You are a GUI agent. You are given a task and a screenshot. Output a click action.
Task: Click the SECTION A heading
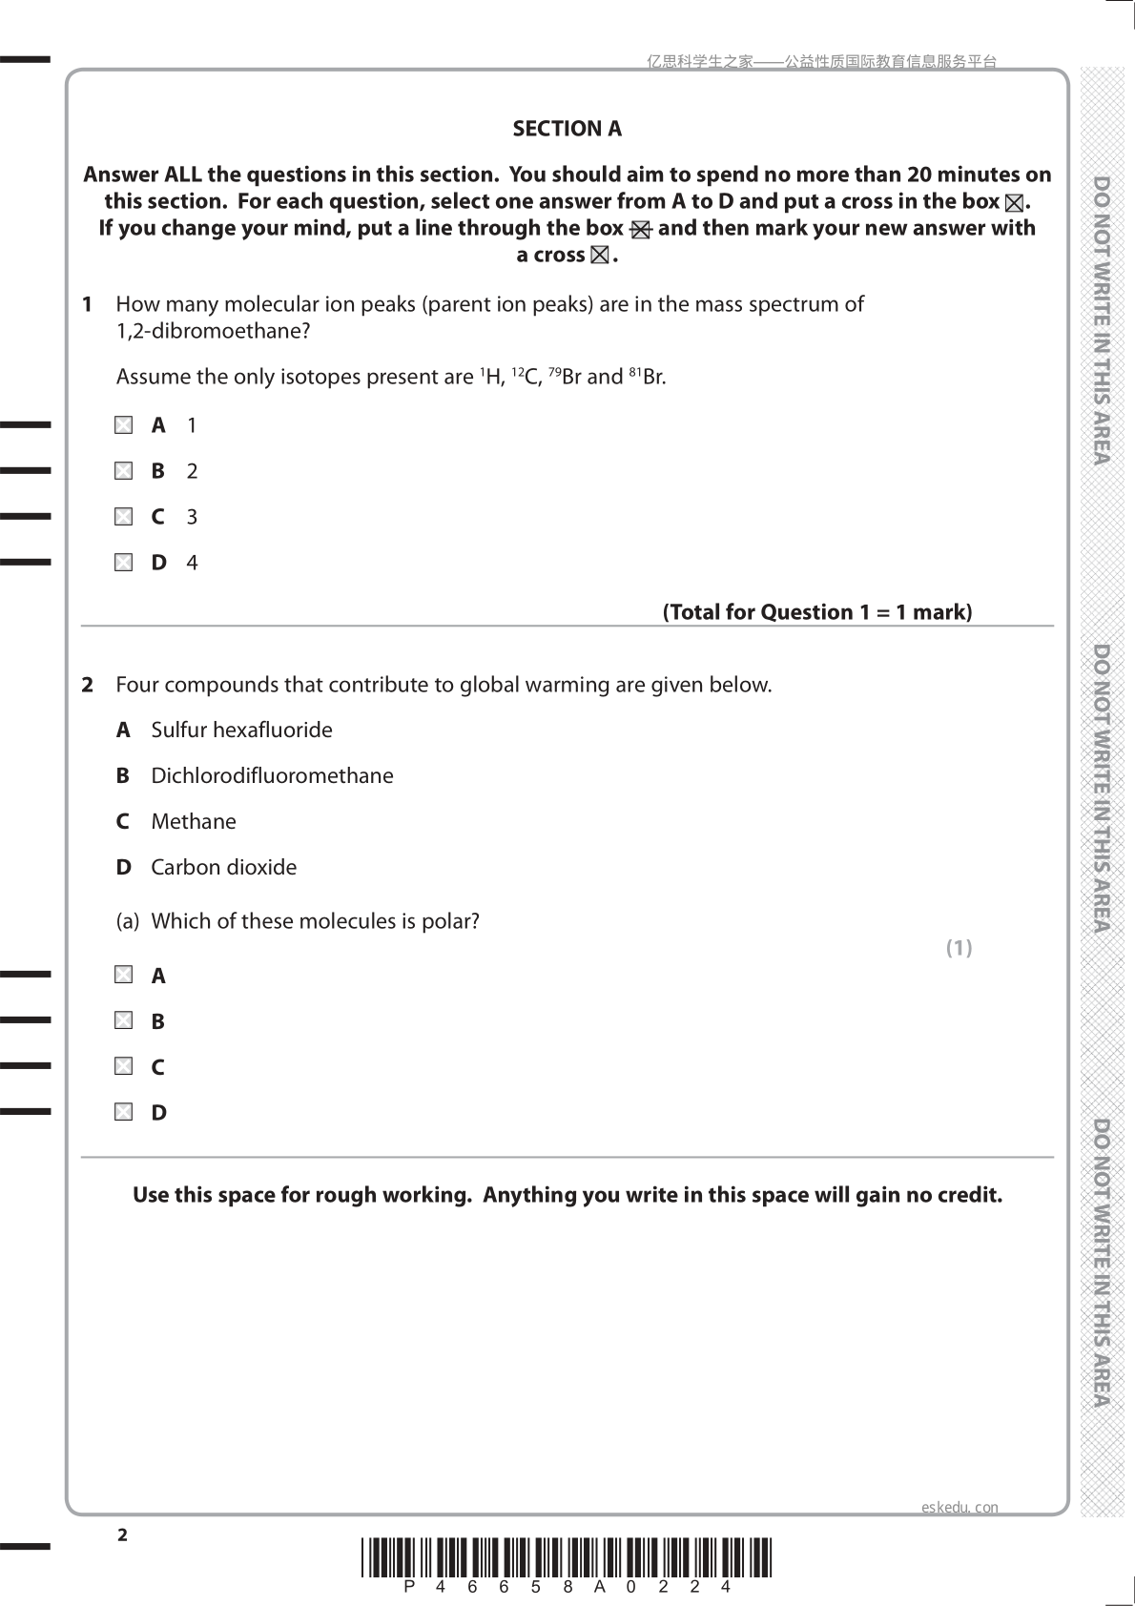point(567,129)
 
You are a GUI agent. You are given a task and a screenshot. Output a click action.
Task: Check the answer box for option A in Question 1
point(124,425)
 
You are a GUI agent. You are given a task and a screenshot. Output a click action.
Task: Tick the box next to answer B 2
point(124,471)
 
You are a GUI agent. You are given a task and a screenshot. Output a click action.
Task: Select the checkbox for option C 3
point(124,517)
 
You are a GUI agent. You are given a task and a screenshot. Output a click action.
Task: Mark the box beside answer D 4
point(124,563)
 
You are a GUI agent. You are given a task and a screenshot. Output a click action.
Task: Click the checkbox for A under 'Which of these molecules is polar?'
point(124,975)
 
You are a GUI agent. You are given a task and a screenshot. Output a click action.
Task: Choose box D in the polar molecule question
point(124,1112)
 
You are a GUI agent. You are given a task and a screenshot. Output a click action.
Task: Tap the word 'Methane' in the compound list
point(194,822)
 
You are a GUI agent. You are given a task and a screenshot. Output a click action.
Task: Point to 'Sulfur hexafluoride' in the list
point(241,731)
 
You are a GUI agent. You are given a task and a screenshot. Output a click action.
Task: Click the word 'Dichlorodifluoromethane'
point(272,776)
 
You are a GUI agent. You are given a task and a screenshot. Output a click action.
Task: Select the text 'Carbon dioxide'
point(223,868)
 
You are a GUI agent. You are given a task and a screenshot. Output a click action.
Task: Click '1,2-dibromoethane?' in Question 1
point(213,332)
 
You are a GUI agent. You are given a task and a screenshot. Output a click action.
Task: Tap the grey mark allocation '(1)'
point(959,948)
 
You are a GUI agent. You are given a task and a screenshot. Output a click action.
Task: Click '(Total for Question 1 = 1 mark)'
point(817,612)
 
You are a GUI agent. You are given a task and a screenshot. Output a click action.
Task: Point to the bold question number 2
point(88,685)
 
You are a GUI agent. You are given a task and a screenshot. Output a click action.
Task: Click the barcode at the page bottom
point(567,1556)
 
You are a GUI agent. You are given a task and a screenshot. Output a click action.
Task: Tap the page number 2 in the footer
point(122,1534)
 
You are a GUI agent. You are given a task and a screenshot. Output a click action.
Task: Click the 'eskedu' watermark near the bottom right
point(959,1507)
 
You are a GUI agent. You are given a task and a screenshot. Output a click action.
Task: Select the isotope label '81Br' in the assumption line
point(648,377)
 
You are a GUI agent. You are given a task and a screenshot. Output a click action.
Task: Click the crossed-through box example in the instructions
point(640,230)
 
